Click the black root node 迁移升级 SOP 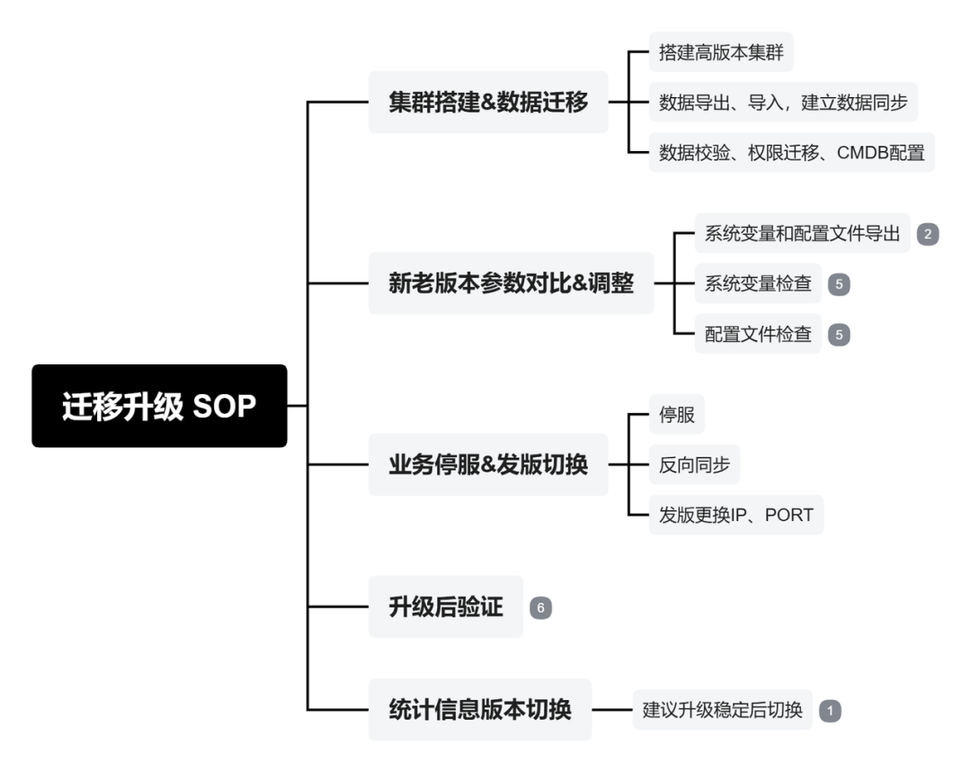click(x=159, y=406)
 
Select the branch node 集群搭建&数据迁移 click(x=488, y=103)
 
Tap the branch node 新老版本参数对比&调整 click(x=511, y=283)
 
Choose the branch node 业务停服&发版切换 click(x=488, y=464)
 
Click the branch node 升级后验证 click(x=445, y=607)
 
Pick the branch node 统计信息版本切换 click(x=479, y=709)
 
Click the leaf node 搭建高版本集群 click(x=721, y=52)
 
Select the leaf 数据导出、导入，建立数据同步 click(x=782, y=103)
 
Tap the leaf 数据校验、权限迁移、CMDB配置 click(x=791, y=152)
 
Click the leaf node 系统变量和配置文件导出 click(x=803, y=233)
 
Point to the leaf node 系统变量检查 click(x=758, y=283)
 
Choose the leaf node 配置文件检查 click(x=758, y=334)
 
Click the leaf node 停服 click(x=676, y=416)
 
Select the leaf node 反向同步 click(x=694, y=465)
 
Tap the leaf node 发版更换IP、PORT click(x=735, y=515)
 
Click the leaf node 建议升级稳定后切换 click(x=722, y=709)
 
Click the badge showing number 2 click(x=928, y=234)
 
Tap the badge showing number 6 click(x=540, y=607)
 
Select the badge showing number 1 click(x=830, y=710)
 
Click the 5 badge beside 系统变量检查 click(x=839, y=284)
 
